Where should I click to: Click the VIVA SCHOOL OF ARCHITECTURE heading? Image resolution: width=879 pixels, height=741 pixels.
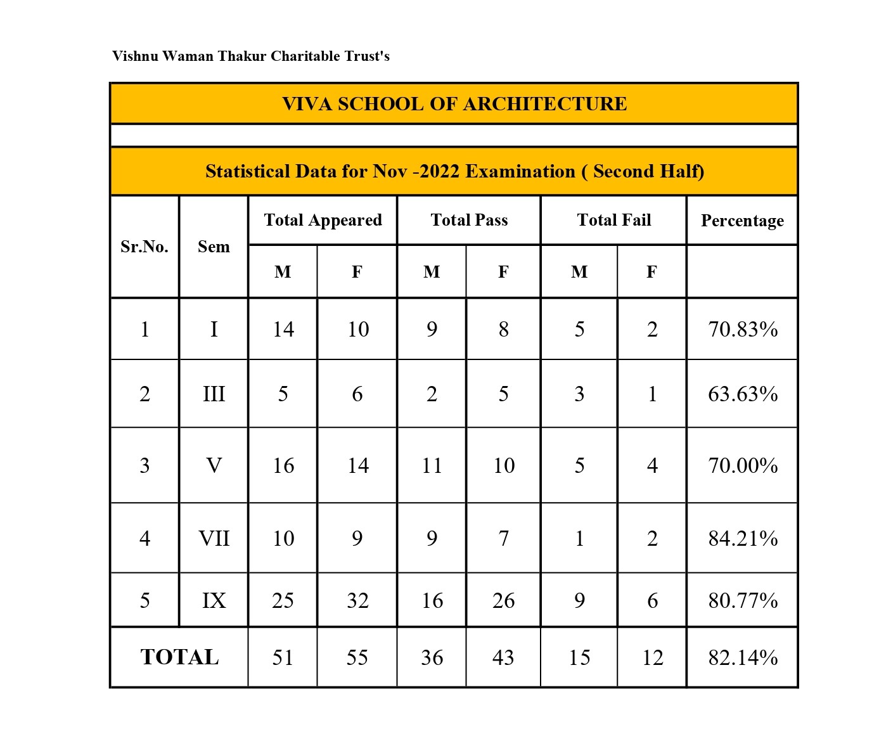click(454, 104)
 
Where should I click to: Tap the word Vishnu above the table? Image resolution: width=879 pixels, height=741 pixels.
click(134, 56)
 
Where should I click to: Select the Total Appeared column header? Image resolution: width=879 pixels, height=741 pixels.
click(323, 220)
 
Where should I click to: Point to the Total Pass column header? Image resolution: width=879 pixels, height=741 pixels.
click(469, 220)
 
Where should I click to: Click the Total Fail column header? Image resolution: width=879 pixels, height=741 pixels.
click(613, 220)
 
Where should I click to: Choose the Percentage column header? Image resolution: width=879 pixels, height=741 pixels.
click(742, 221)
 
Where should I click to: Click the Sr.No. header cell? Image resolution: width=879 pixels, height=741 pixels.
click(144, 247)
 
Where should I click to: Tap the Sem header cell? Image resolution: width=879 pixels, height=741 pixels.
click(214, 247)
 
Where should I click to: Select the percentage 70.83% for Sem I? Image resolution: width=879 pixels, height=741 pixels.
click(743, 330)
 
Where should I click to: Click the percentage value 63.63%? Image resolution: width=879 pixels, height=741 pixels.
click(743, 394)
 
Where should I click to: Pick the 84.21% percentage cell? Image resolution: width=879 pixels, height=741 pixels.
click(743, 539)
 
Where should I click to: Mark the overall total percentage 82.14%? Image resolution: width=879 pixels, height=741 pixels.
click(743, 658)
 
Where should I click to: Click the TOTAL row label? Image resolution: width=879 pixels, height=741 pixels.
click(179, 657)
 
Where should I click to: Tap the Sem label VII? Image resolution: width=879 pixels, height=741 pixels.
click(214, 539)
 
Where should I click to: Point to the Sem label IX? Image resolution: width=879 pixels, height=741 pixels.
click(214, 600)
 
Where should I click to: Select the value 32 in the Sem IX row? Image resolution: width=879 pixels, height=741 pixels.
click(357, 600)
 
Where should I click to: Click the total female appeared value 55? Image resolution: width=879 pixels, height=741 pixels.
click(357, 658)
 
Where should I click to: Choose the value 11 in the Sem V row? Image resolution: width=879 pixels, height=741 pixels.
click(432, 466)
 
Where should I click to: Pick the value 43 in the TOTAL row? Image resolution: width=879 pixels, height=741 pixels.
click(503, 658)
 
